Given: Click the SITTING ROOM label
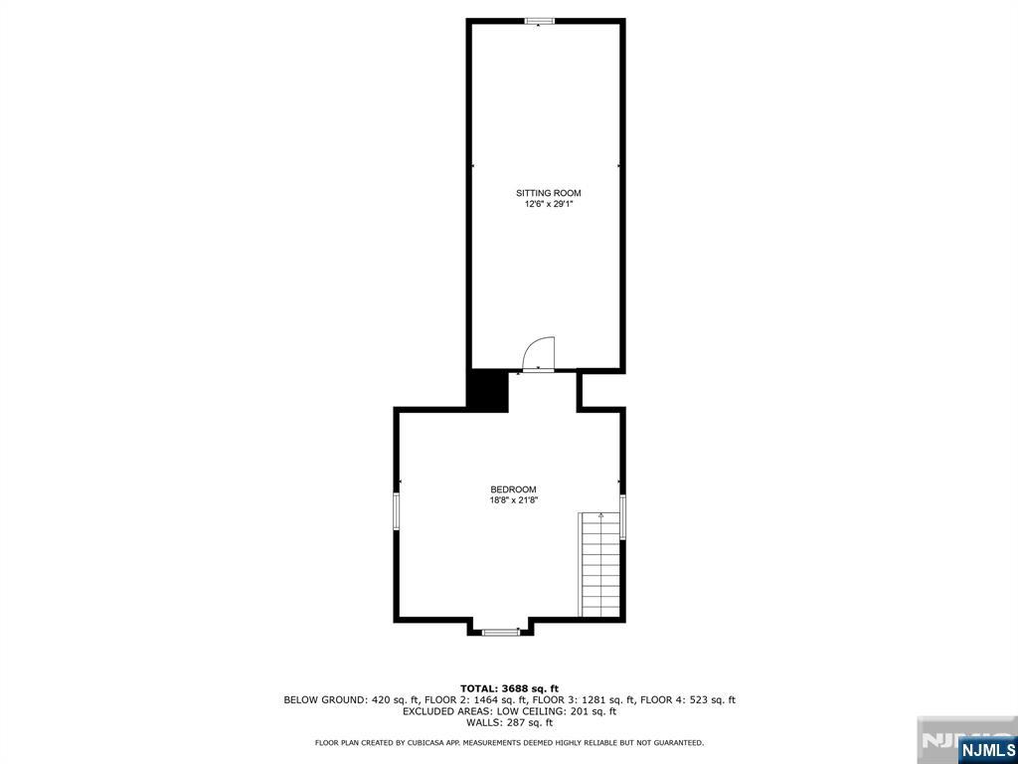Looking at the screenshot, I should coord(548,193).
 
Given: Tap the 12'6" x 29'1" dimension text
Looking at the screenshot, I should coord(549,204).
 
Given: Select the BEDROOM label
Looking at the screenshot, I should coord(513,489).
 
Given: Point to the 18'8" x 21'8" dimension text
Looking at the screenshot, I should coord(513,500).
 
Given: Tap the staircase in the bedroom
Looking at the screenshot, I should coord(600,565).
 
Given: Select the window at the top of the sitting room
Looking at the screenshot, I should coord(540,21).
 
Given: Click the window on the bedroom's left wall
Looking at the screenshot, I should coord(396,512).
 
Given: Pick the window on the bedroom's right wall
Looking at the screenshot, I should coord(623,516).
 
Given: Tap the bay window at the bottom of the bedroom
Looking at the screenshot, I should coord(500,631).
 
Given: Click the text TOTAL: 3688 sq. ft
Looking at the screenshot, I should coord(509,688).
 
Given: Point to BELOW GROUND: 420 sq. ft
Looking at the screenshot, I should coord(338,700).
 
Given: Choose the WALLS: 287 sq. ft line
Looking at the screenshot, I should coord(509,723).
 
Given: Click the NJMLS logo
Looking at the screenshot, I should coord(986,748).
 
